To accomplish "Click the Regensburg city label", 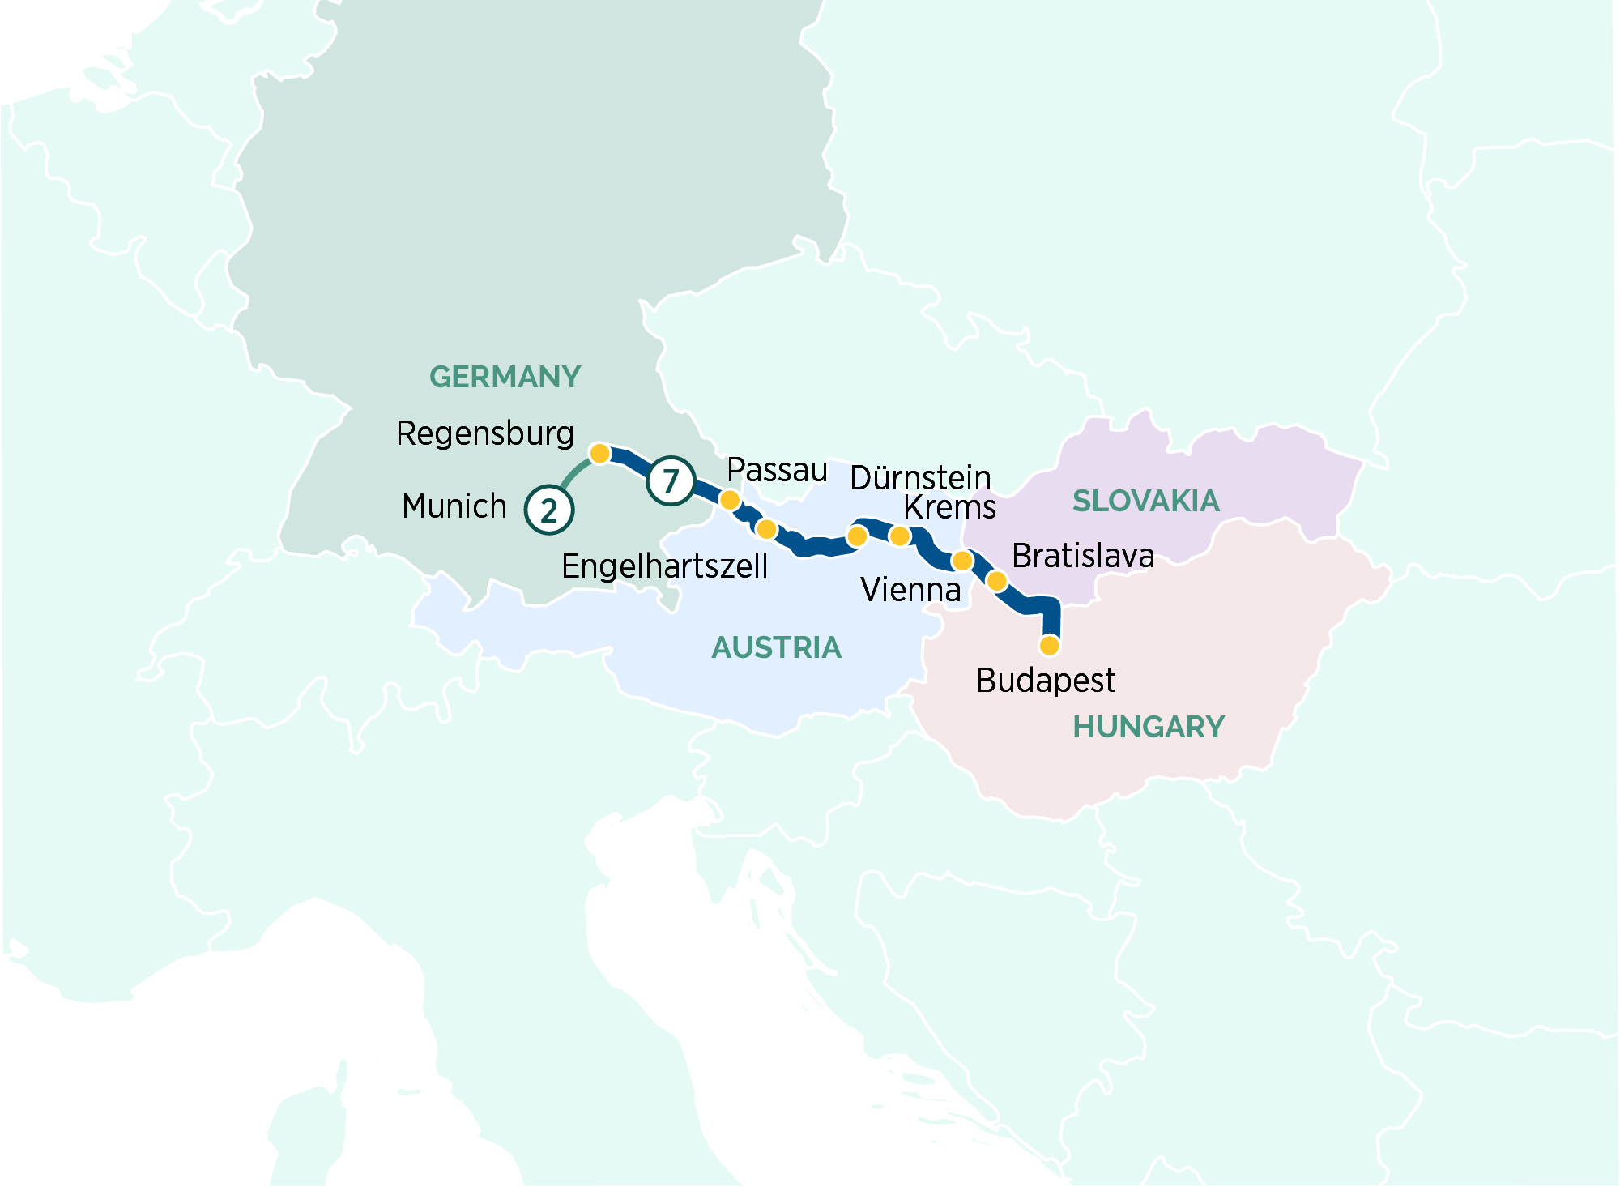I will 485,434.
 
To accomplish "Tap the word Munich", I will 454,506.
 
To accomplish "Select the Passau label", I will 777,470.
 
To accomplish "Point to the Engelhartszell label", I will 664,566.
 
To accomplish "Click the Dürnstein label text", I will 920,478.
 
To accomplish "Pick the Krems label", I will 949,508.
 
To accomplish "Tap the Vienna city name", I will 910,590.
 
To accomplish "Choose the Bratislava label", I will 1083,556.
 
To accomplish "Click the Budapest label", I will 1046,681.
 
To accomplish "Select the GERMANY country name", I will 505,377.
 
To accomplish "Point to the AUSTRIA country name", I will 776,647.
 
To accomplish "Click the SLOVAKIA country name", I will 1145,501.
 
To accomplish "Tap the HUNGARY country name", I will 1148,727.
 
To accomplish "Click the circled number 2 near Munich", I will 549,510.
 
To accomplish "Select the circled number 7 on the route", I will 671,481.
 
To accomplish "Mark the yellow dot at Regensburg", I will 599,453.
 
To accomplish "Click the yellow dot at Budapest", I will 1049,646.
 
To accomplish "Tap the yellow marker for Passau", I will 730,500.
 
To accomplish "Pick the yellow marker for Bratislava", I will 997,581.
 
